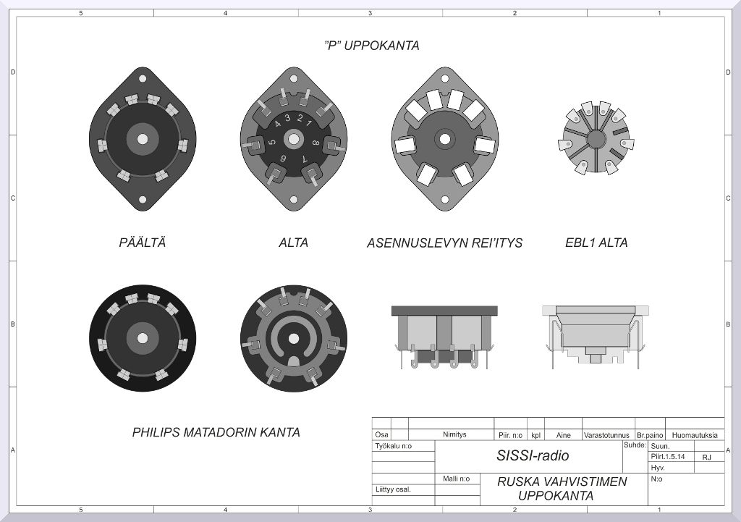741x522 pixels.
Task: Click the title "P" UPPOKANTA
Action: (372, 46)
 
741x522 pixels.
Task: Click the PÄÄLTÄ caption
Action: (143, 243)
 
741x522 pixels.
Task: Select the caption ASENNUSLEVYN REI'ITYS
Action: (445, 243)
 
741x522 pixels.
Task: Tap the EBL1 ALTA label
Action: (596, 243)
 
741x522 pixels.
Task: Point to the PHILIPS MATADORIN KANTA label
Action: (216, 432)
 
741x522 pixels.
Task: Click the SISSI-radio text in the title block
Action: (533, 455)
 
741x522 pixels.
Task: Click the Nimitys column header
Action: (454, 434)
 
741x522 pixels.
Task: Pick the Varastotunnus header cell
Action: (607, 435)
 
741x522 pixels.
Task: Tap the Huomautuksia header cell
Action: (695, 435)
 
